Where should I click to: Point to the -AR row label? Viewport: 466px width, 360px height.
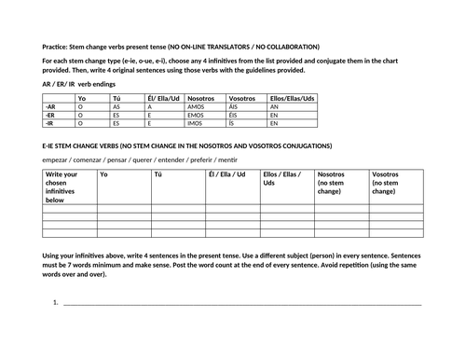pos(50,107)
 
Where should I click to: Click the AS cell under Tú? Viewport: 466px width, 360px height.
pos(116,107)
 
